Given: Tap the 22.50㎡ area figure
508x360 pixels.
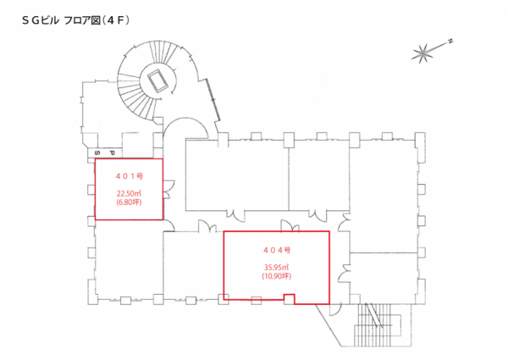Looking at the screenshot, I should tap(129, 193).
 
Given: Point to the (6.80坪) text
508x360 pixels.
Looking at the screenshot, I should tap(129, 203).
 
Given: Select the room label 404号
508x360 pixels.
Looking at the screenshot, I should tap(277, 250).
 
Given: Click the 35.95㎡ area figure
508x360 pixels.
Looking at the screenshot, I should tap(277, 268).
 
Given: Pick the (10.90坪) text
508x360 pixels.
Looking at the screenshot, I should tap(277, 277).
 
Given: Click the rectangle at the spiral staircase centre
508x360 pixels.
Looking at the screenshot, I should tap(157, 80).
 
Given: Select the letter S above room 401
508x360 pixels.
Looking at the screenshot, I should tap(97, 152).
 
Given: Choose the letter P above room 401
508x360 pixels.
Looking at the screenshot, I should tap(110, 152).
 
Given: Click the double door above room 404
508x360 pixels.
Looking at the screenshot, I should tap(288, 225).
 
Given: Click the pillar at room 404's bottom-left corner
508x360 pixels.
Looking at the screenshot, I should tap(224, 296).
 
